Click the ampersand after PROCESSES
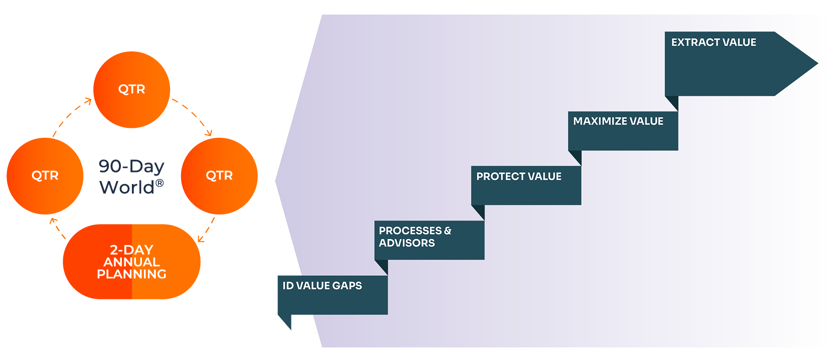pos(447,231)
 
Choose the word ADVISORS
pos(407,243)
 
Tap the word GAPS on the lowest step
pos(347,286)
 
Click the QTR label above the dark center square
pos(131,89)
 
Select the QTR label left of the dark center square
pos(45,175)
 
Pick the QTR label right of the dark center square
pos(219,175)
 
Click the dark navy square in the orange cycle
pos(131,171)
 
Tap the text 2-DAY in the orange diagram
pos(131,250)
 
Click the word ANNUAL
pos(131,262)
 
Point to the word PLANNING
pos(131,274)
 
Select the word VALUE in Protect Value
pos(545,176)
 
